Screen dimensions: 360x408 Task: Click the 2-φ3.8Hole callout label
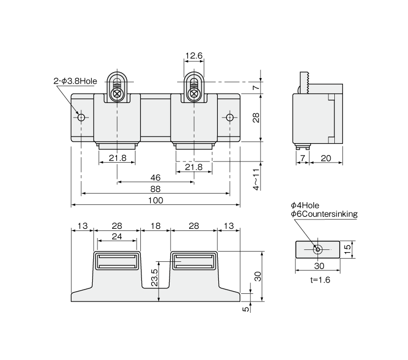(75, 81)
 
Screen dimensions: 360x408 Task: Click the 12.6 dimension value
(193, 55)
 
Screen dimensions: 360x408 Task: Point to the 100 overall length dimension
(156, 200)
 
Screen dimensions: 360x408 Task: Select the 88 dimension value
(156, 188)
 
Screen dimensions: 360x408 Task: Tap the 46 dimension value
(156, 177)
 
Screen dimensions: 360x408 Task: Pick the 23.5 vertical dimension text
(154, 277)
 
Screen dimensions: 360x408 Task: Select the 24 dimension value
(116, 236)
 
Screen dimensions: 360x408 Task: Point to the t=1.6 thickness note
(317, 280)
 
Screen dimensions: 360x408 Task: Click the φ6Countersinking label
(324, 214)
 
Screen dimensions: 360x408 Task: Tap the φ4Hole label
(305, 205)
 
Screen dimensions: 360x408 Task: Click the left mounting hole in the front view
(81, 118)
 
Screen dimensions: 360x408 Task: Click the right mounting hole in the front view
(230, 118)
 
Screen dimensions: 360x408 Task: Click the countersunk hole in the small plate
(318, 249)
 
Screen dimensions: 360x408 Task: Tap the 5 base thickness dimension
(247, 309)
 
